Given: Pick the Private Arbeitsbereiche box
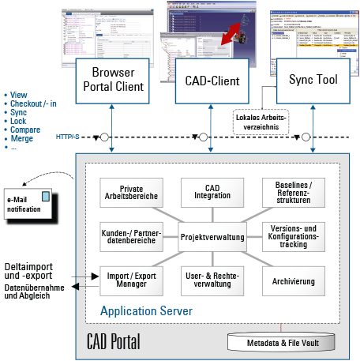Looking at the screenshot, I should (132, 193).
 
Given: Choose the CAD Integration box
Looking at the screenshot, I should (211, 193).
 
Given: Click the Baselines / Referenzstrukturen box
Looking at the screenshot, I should (291, 193).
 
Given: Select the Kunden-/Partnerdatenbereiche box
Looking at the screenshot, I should (132, 235).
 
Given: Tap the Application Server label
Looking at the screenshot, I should (146, 311).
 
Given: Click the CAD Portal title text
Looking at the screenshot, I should (115, 341).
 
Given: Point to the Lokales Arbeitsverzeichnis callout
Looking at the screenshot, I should (262, 122).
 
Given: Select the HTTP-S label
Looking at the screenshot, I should (68, 137).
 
